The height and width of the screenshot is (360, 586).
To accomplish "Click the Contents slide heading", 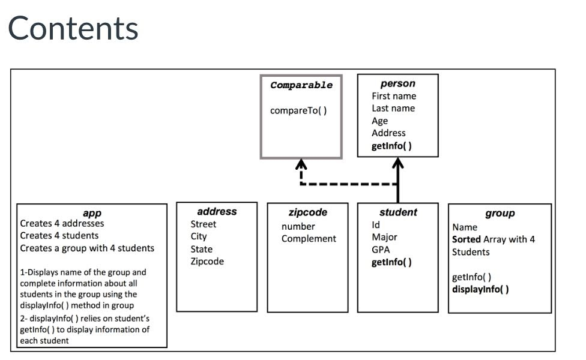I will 73,28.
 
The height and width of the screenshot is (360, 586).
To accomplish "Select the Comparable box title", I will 301,85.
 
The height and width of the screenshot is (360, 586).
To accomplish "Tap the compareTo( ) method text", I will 298,110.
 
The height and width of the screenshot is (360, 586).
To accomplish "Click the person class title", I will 397,83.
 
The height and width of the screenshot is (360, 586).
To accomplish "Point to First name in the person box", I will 393,96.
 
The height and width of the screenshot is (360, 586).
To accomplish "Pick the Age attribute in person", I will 379,121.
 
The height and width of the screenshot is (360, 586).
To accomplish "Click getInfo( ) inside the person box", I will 391,146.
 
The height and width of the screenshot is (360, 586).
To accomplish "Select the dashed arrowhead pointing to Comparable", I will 301,165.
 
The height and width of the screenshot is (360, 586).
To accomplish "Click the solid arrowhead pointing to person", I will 397,164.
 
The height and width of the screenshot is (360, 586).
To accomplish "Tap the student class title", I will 397,212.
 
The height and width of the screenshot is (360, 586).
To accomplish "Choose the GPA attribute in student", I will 381,250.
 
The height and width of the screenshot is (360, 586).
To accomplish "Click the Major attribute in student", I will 384,237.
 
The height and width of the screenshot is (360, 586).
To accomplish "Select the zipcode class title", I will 307,212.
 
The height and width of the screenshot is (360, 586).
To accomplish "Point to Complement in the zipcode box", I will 309,239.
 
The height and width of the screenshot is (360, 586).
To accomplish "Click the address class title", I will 217,211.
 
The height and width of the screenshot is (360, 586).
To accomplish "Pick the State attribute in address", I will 201,249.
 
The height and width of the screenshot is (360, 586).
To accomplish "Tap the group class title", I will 500,213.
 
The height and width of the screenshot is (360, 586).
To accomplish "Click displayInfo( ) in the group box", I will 480,289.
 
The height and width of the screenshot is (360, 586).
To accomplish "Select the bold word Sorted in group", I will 467,239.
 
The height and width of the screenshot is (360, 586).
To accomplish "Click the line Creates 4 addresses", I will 62,223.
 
